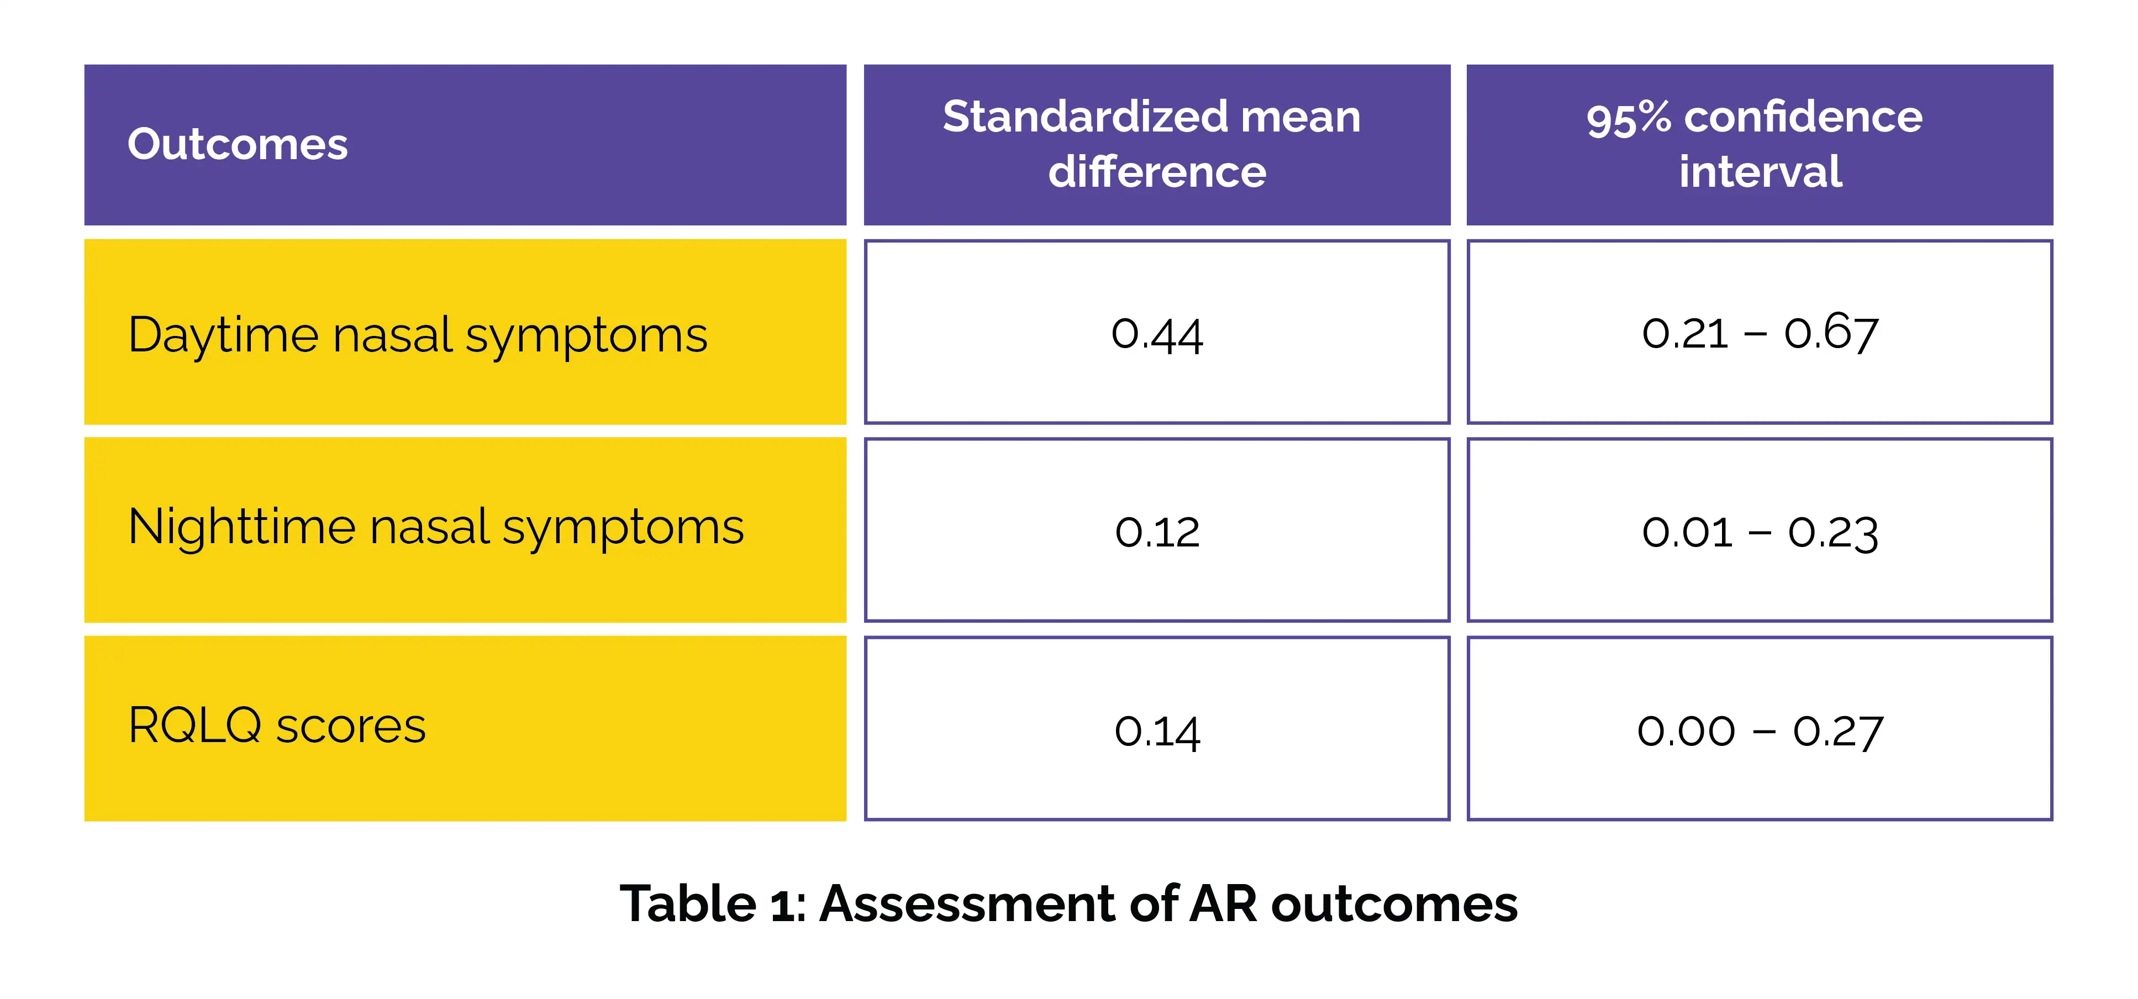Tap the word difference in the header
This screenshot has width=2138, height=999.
1157,172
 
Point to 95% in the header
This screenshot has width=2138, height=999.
1628,117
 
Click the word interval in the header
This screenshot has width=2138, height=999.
1760,172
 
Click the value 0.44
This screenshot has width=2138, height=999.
1157,335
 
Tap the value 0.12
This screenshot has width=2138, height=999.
1157,532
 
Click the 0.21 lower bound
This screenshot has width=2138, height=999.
1685,333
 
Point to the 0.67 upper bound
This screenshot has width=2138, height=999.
1831,333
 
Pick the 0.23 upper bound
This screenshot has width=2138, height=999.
1832,532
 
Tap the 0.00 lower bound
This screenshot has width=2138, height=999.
1687,731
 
